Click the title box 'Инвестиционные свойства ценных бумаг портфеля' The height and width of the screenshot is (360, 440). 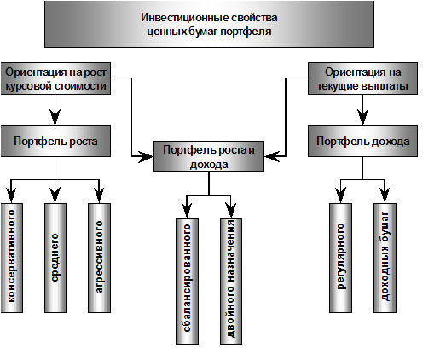[209, 24]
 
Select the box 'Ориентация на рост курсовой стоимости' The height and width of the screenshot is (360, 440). [55, 78]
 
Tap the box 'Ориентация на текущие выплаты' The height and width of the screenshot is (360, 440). [362, 78]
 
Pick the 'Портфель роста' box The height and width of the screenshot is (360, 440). [55, 141]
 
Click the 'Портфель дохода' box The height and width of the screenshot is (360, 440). [362, 141]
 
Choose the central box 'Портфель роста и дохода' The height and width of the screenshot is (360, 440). [209, 156]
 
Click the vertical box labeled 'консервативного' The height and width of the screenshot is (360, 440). [12, 258]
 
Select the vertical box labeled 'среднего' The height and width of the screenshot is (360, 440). [55, 258]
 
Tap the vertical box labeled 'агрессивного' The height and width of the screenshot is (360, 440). [99, 258]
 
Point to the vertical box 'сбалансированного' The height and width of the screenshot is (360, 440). [187, 282]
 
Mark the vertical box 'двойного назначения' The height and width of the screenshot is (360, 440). [231, 282]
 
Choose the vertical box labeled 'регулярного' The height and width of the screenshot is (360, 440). [340, 258]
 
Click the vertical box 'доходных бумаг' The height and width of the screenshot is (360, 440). [385, 258]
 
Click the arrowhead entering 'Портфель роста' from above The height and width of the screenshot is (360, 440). [55, 117]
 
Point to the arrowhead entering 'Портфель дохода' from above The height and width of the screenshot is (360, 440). [362, 117]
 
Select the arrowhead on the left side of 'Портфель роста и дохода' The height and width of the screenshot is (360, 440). [146, 156]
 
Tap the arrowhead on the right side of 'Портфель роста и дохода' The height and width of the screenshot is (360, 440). [272, 156]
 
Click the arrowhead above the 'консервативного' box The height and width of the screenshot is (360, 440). [11, 195]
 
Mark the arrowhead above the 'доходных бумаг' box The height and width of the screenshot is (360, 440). [385, 195]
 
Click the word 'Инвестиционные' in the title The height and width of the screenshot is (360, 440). [184, 18]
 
